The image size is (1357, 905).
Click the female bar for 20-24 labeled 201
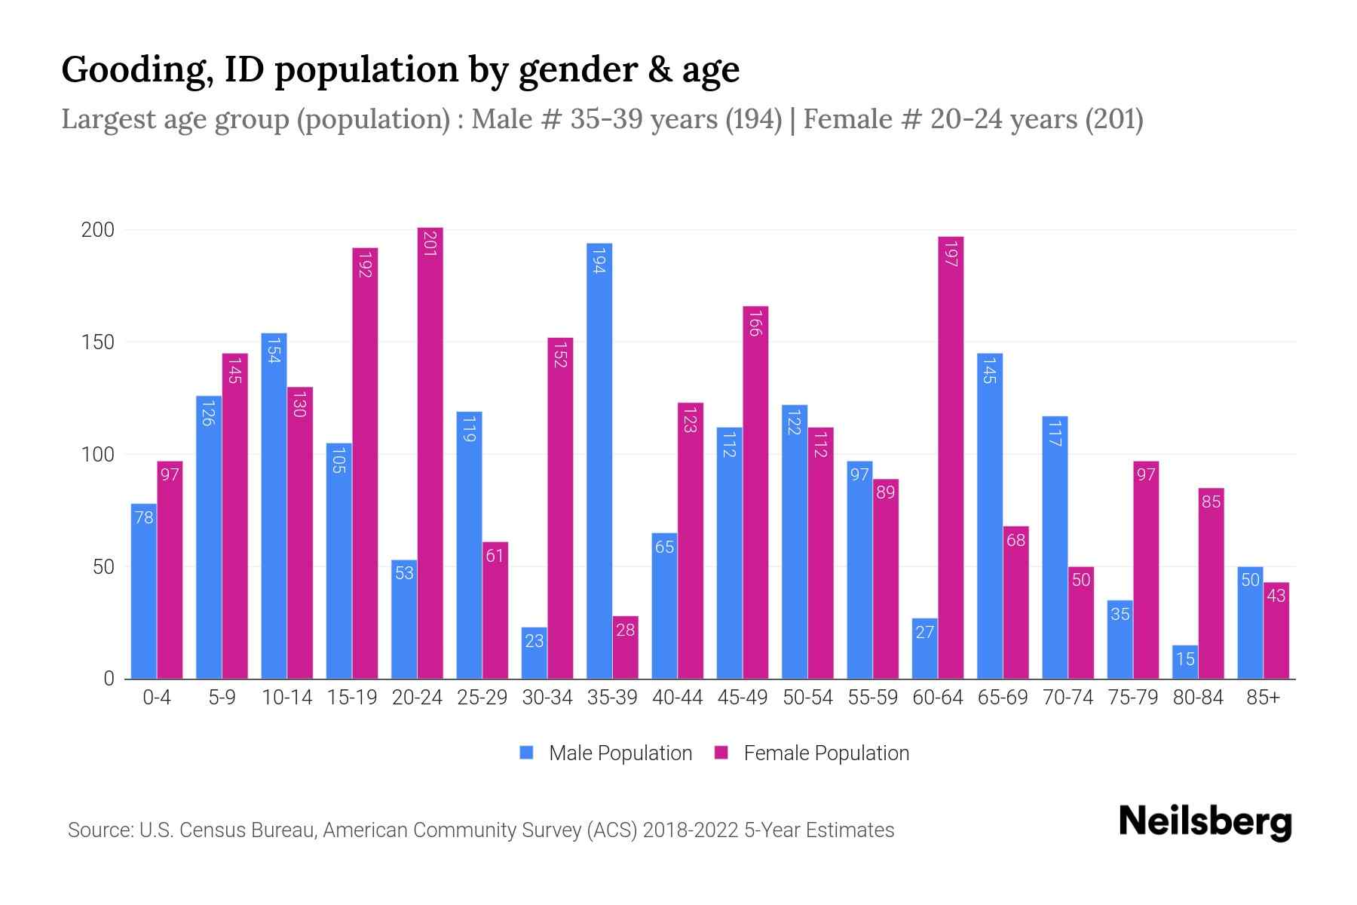[x=430, y=452]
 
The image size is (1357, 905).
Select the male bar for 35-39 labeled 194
[x=599, y=460]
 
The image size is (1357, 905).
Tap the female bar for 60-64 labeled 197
[x=951, y=457]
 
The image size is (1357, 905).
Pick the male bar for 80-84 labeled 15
[x=1185, y=662]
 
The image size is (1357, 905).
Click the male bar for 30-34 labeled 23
[x=534, y=653]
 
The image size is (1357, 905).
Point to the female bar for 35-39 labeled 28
[x=625, y=647]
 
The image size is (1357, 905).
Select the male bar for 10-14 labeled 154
[x=274, y=505]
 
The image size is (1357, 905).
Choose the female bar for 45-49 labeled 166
[x=755, y=492]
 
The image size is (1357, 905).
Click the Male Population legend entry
[x=605, y=753]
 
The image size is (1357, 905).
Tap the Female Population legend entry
[x=811, y=753]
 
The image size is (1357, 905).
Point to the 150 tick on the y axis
[x=98, y=342]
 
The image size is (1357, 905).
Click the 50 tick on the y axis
[x=103, y=567]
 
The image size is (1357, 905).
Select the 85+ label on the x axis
[x=1263, y=698]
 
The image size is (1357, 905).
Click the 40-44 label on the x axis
[x=677, y=698]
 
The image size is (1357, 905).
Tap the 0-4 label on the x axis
[x=157, y=698]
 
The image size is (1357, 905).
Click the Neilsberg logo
[x=1205, y=822]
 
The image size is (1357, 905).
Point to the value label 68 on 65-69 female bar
[x=1015, y=540]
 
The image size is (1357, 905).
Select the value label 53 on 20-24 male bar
[x=404, y=573]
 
